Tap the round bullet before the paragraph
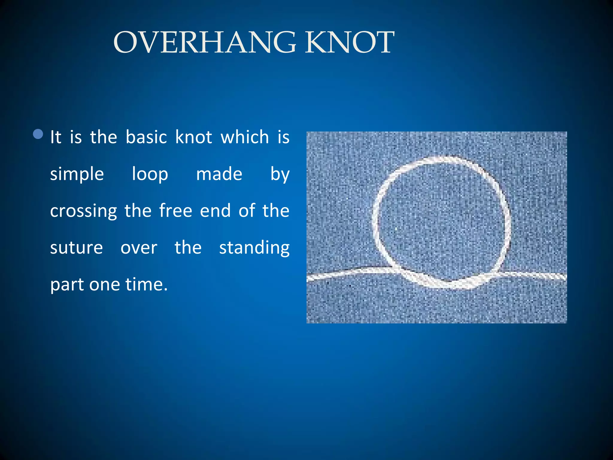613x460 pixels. (x=38, y=134)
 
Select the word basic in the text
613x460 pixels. (x=146, y=137)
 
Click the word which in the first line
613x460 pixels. (x=245, y=137)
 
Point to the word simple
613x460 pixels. (x=77, y=174)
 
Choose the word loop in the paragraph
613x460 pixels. (x=150, y=174)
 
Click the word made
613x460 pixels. (x=219, y=174)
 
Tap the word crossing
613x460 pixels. (x=83, y=211)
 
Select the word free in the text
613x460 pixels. (x=175, y=211)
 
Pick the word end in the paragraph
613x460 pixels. (x=215, y=211)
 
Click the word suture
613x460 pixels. (x=76, y=248)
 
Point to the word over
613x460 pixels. (x=139, y=248)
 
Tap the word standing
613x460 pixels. (x=254, y=248)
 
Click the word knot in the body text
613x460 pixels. (x=194, y=137)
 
